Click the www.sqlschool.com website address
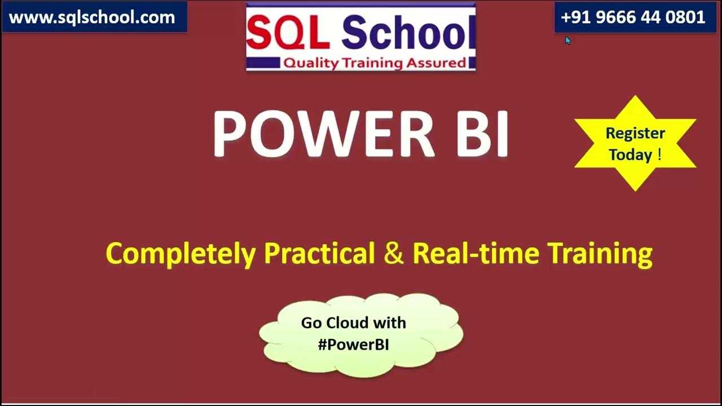tap(92, 17)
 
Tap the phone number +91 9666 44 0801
tap(633, 17)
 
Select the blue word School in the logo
tap(405, 32)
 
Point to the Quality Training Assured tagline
tap(374, 63)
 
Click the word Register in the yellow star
tap(635, 134)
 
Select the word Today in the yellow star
tap(630, 155)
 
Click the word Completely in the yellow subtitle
tap(180, 254)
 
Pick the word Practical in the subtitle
tap(319, 254)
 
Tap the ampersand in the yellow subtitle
tap(394, 254)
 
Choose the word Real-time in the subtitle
tap(477, 254)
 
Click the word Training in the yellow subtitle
tap(601, 254)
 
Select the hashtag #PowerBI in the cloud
tap(353, 345)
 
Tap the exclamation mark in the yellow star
tap(659, 155)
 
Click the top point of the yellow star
tap(635, 97)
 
